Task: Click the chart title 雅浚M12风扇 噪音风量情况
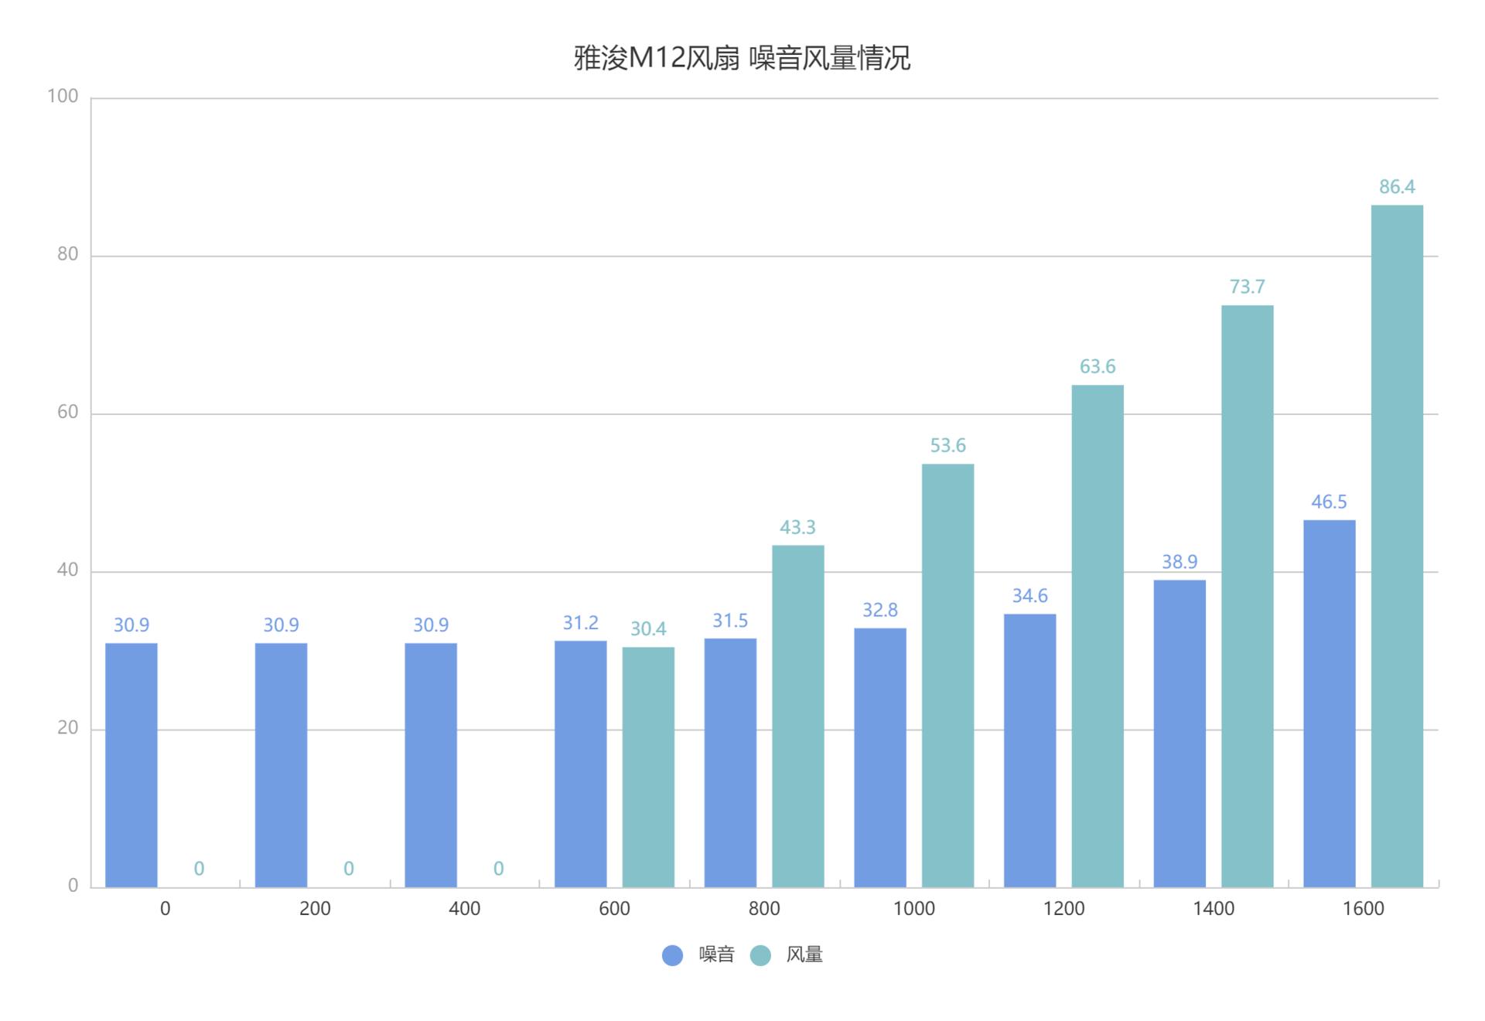pos(742,59)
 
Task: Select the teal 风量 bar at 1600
pos(1397,546)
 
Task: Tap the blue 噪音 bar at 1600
pos(1329,703)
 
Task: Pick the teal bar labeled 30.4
pos(648,767)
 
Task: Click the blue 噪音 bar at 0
pos(131,764)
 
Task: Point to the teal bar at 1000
pos(947,675)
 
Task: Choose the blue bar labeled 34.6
pos(1029,750)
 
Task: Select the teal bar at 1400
pos(1247,596)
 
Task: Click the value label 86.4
pos(1397,187)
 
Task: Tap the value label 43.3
pos(797,528)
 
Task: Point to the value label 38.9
pos(1179,562)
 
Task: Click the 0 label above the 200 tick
pos(349,869)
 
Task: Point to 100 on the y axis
pos(63,96)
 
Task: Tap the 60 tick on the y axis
pos(68,412)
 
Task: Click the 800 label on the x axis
pos(764,909)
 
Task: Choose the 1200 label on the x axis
pos(1063,909)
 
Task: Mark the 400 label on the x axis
pos(464,909)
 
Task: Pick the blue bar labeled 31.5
pos(730,762)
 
